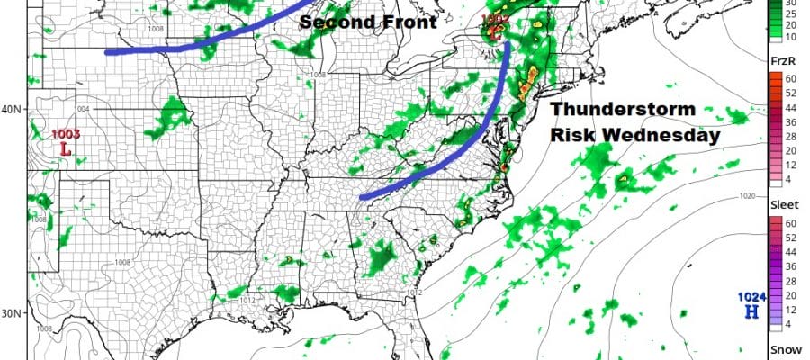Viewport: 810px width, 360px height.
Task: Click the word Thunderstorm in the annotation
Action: [x=623, y=110]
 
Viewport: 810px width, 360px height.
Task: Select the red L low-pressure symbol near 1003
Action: [x=66, y=148]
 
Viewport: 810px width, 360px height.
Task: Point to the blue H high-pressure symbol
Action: [x=751, y=311]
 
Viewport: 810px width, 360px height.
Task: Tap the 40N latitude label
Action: [x=12, y=110]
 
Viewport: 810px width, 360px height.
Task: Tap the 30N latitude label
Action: [x=12, y=314]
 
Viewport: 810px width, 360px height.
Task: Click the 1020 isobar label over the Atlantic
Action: [x=746, y=195]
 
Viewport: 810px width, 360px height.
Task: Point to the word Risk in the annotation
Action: [x=578, y=136]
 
